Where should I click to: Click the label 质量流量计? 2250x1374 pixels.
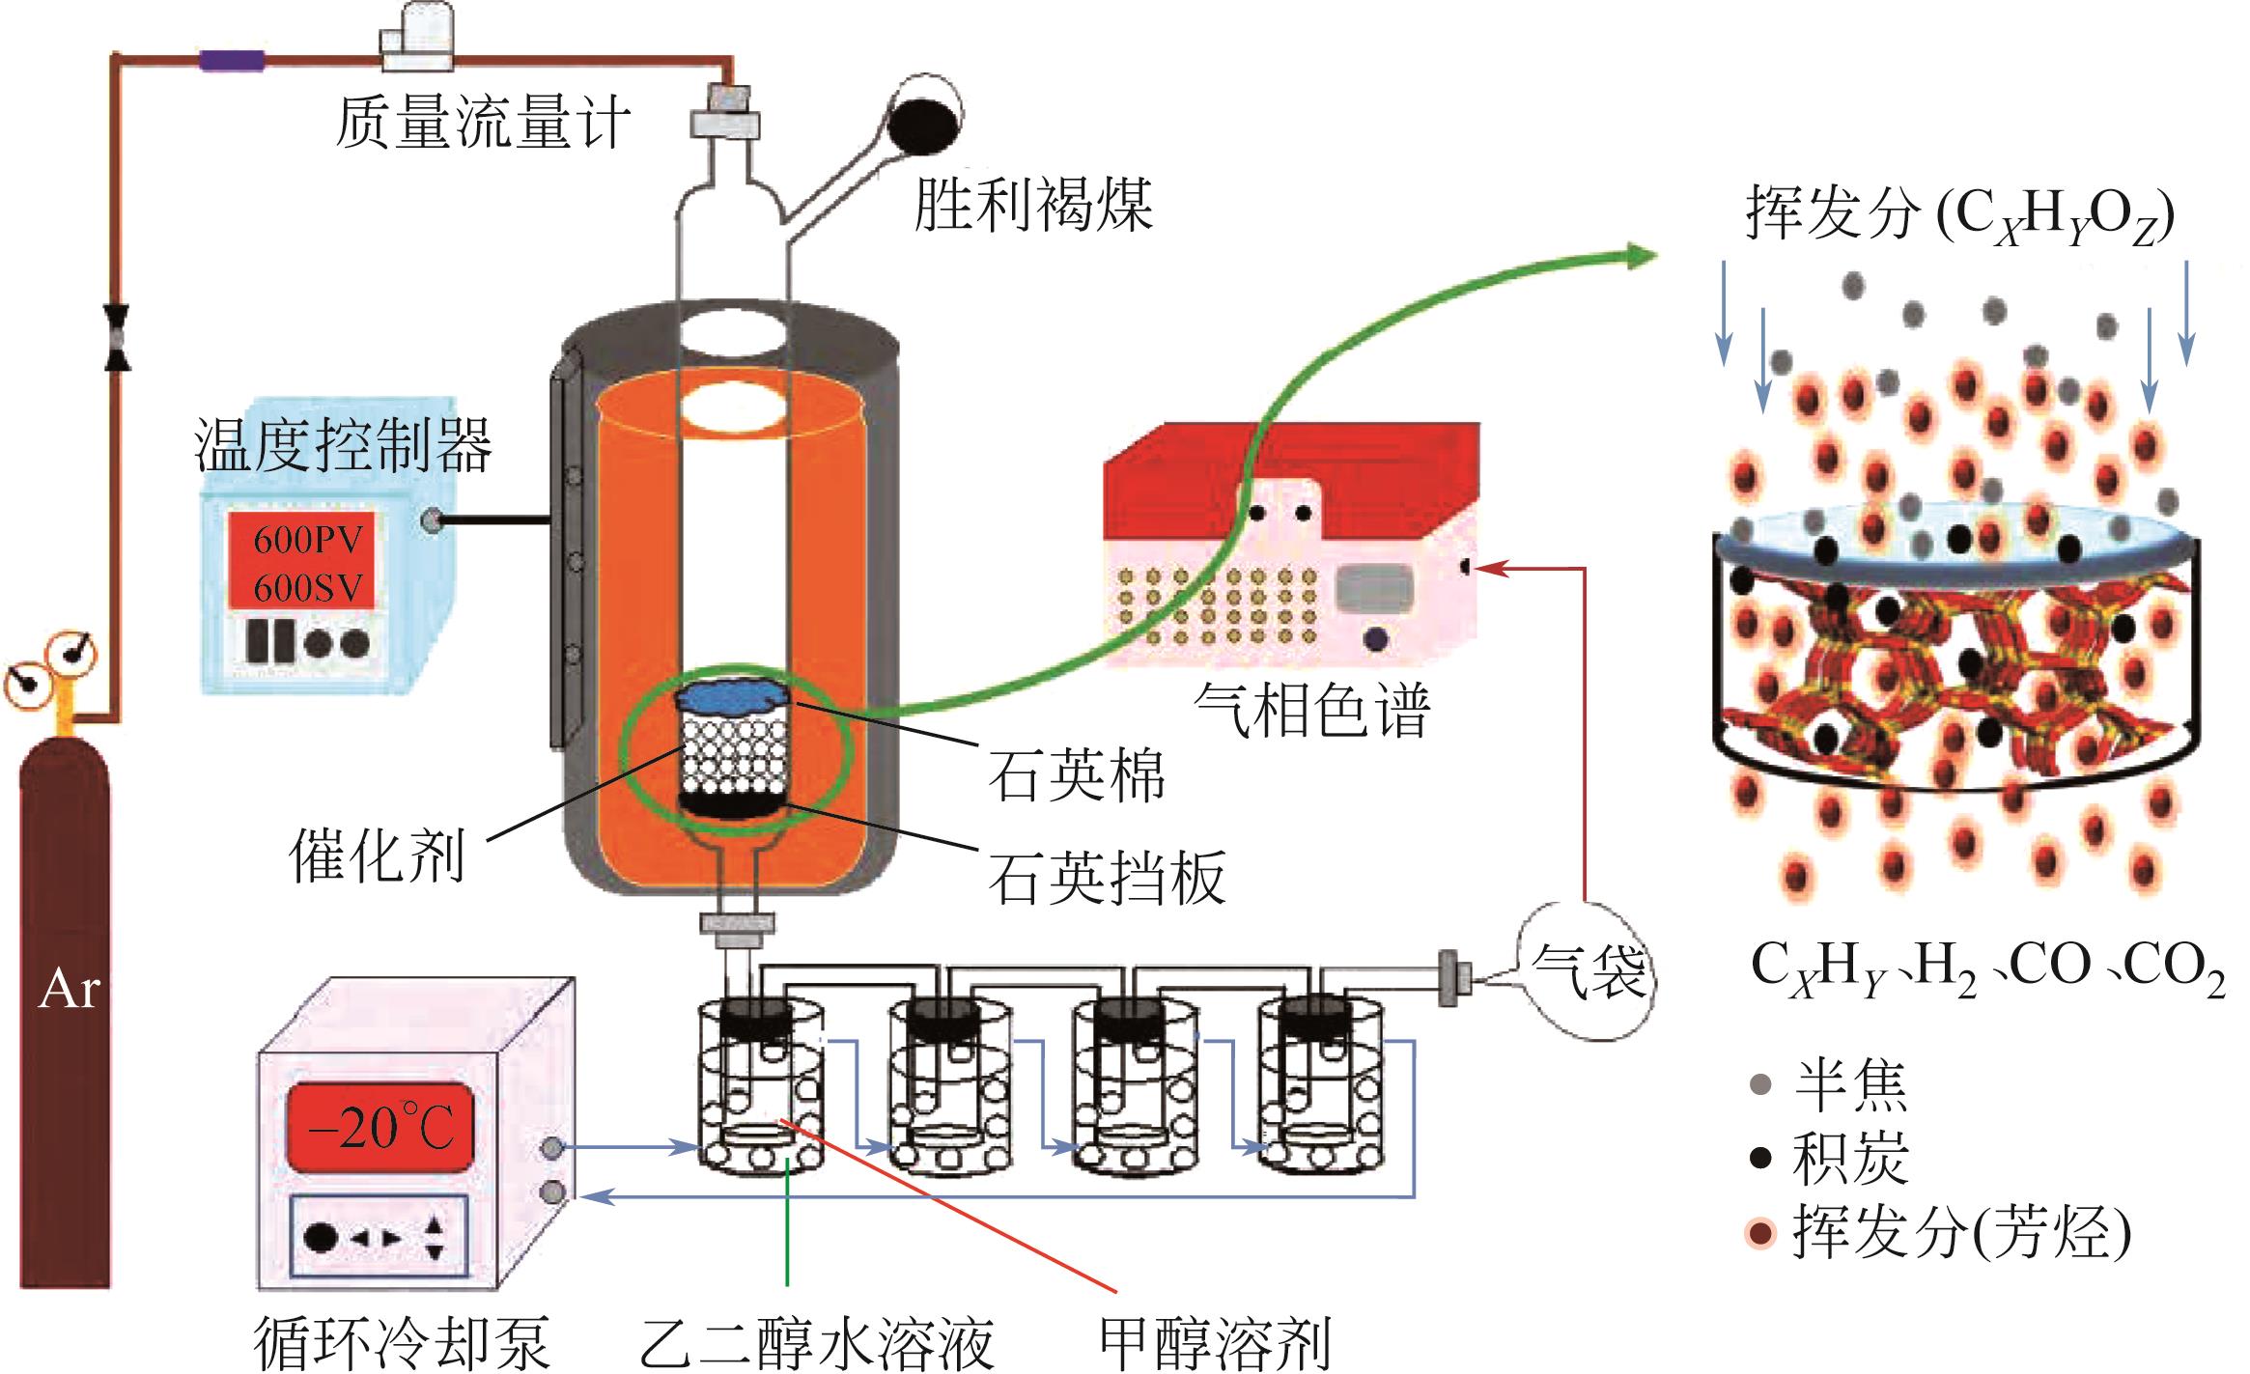point(483,124)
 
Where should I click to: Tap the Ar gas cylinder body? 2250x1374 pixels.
point(66,1014)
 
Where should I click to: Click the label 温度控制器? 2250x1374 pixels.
point(344,446)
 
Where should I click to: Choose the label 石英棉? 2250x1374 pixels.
point(1076,774)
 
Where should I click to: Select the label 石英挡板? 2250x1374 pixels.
point(1107,877)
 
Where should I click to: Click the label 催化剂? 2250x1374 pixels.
point(379,855)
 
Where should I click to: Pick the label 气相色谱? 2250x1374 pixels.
point(1311,712)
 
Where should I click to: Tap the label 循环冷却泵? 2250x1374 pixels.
point(402,1341)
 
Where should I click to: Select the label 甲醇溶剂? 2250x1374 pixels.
point(1216,1341)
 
